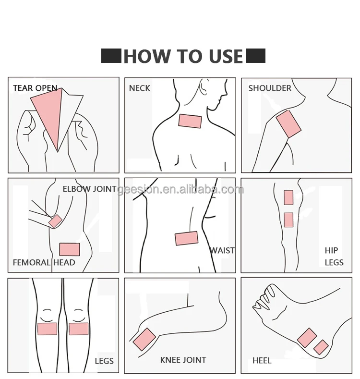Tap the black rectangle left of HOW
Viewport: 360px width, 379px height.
(x=111, y=56)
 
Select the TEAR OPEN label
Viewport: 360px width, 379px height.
(x=35, y=88)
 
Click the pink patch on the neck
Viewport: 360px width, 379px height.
(x=190, y=121)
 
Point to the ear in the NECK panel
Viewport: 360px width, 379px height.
(x=203, y=87)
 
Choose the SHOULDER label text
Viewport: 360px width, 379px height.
(x=270, y=88)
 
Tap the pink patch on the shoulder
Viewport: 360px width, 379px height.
(x=288, y=124)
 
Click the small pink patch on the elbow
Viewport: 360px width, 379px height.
(x=55, y=221)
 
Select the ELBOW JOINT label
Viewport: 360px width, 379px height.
(x=89, y=189)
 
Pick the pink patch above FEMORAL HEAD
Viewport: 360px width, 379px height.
(x=70, y=249)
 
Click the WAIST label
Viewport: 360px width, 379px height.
(x=222, y=250)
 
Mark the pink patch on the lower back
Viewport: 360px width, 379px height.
(x=187, y=238)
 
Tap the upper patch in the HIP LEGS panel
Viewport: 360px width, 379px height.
(x=288, y=197)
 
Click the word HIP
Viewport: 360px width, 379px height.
(x=331, y=250)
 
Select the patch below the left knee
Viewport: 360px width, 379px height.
(x=48, y=329)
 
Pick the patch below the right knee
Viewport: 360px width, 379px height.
(x=79, y=329)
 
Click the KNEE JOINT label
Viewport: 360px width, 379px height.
(x=183, y=360)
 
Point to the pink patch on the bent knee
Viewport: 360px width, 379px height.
(x=144, y=339)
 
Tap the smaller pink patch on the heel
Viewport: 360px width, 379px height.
(x=321, y=347)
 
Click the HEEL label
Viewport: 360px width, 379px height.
(x=262, y=361)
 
